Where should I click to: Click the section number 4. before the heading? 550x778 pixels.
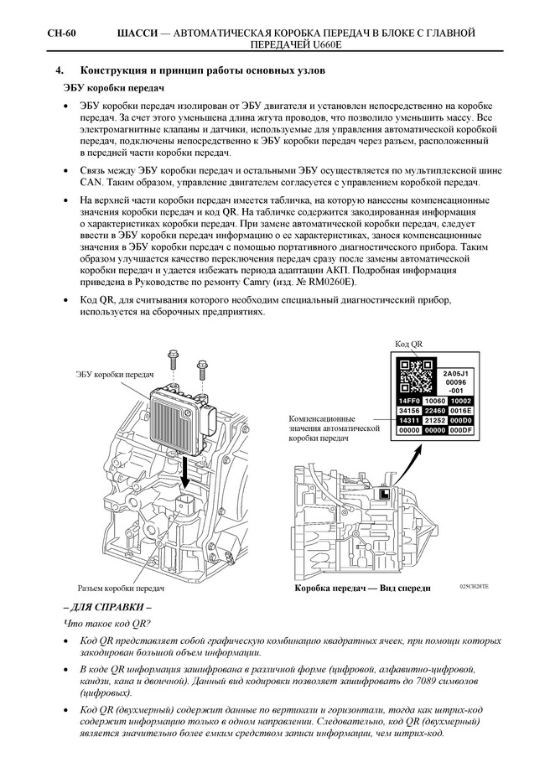[60, 71]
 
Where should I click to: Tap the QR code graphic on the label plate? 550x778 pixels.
[416, 377]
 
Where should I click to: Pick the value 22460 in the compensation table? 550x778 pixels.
[436, 411]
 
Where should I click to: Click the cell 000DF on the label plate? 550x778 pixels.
[462, 429]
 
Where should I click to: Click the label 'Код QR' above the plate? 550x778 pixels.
[408, 345]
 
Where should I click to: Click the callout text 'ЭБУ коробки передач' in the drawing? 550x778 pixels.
[115, 375]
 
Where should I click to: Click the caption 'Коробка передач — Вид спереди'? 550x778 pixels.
[362, 589]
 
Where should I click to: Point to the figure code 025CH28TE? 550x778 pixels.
[474, 586]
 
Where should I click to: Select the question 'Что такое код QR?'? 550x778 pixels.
[106, 624]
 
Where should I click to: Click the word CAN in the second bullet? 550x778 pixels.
[91, 182]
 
